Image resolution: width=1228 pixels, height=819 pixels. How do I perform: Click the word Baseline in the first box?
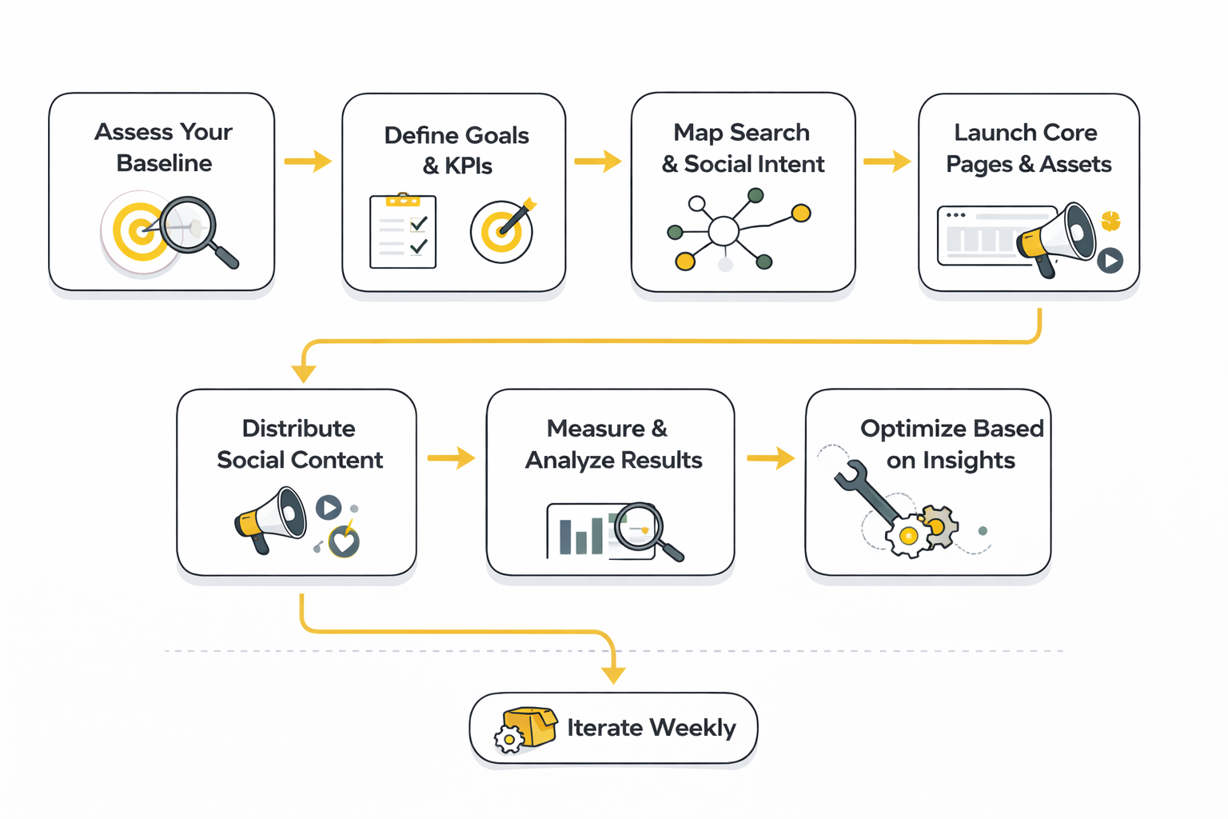(164, 163)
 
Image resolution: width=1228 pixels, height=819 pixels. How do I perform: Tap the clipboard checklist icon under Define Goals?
(403, 230)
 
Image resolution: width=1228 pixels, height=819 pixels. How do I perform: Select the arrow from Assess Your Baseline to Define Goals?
(308, 161)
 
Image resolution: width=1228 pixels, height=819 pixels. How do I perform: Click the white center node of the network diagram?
(724, 231)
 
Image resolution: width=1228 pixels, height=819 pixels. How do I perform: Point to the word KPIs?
(468, 166)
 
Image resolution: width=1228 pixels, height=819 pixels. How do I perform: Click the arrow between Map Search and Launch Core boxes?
(887, 162)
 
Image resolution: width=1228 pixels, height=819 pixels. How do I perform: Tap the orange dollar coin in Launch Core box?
(1110, 221)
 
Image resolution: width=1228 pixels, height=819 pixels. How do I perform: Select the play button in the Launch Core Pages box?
(1110, 260)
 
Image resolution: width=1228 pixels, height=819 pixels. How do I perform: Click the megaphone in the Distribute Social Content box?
(271, 519)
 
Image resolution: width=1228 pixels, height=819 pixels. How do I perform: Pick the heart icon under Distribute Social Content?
(345, 542)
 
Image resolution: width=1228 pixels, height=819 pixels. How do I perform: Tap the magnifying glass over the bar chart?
(644, 529)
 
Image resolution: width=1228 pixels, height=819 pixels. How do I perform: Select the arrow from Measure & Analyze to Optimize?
(771, 458)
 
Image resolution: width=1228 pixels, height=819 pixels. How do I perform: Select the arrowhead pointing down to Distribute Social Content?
(304, 373)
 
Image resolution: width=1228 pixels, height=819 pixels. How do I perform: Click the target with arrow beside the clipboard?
(501, 231)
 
